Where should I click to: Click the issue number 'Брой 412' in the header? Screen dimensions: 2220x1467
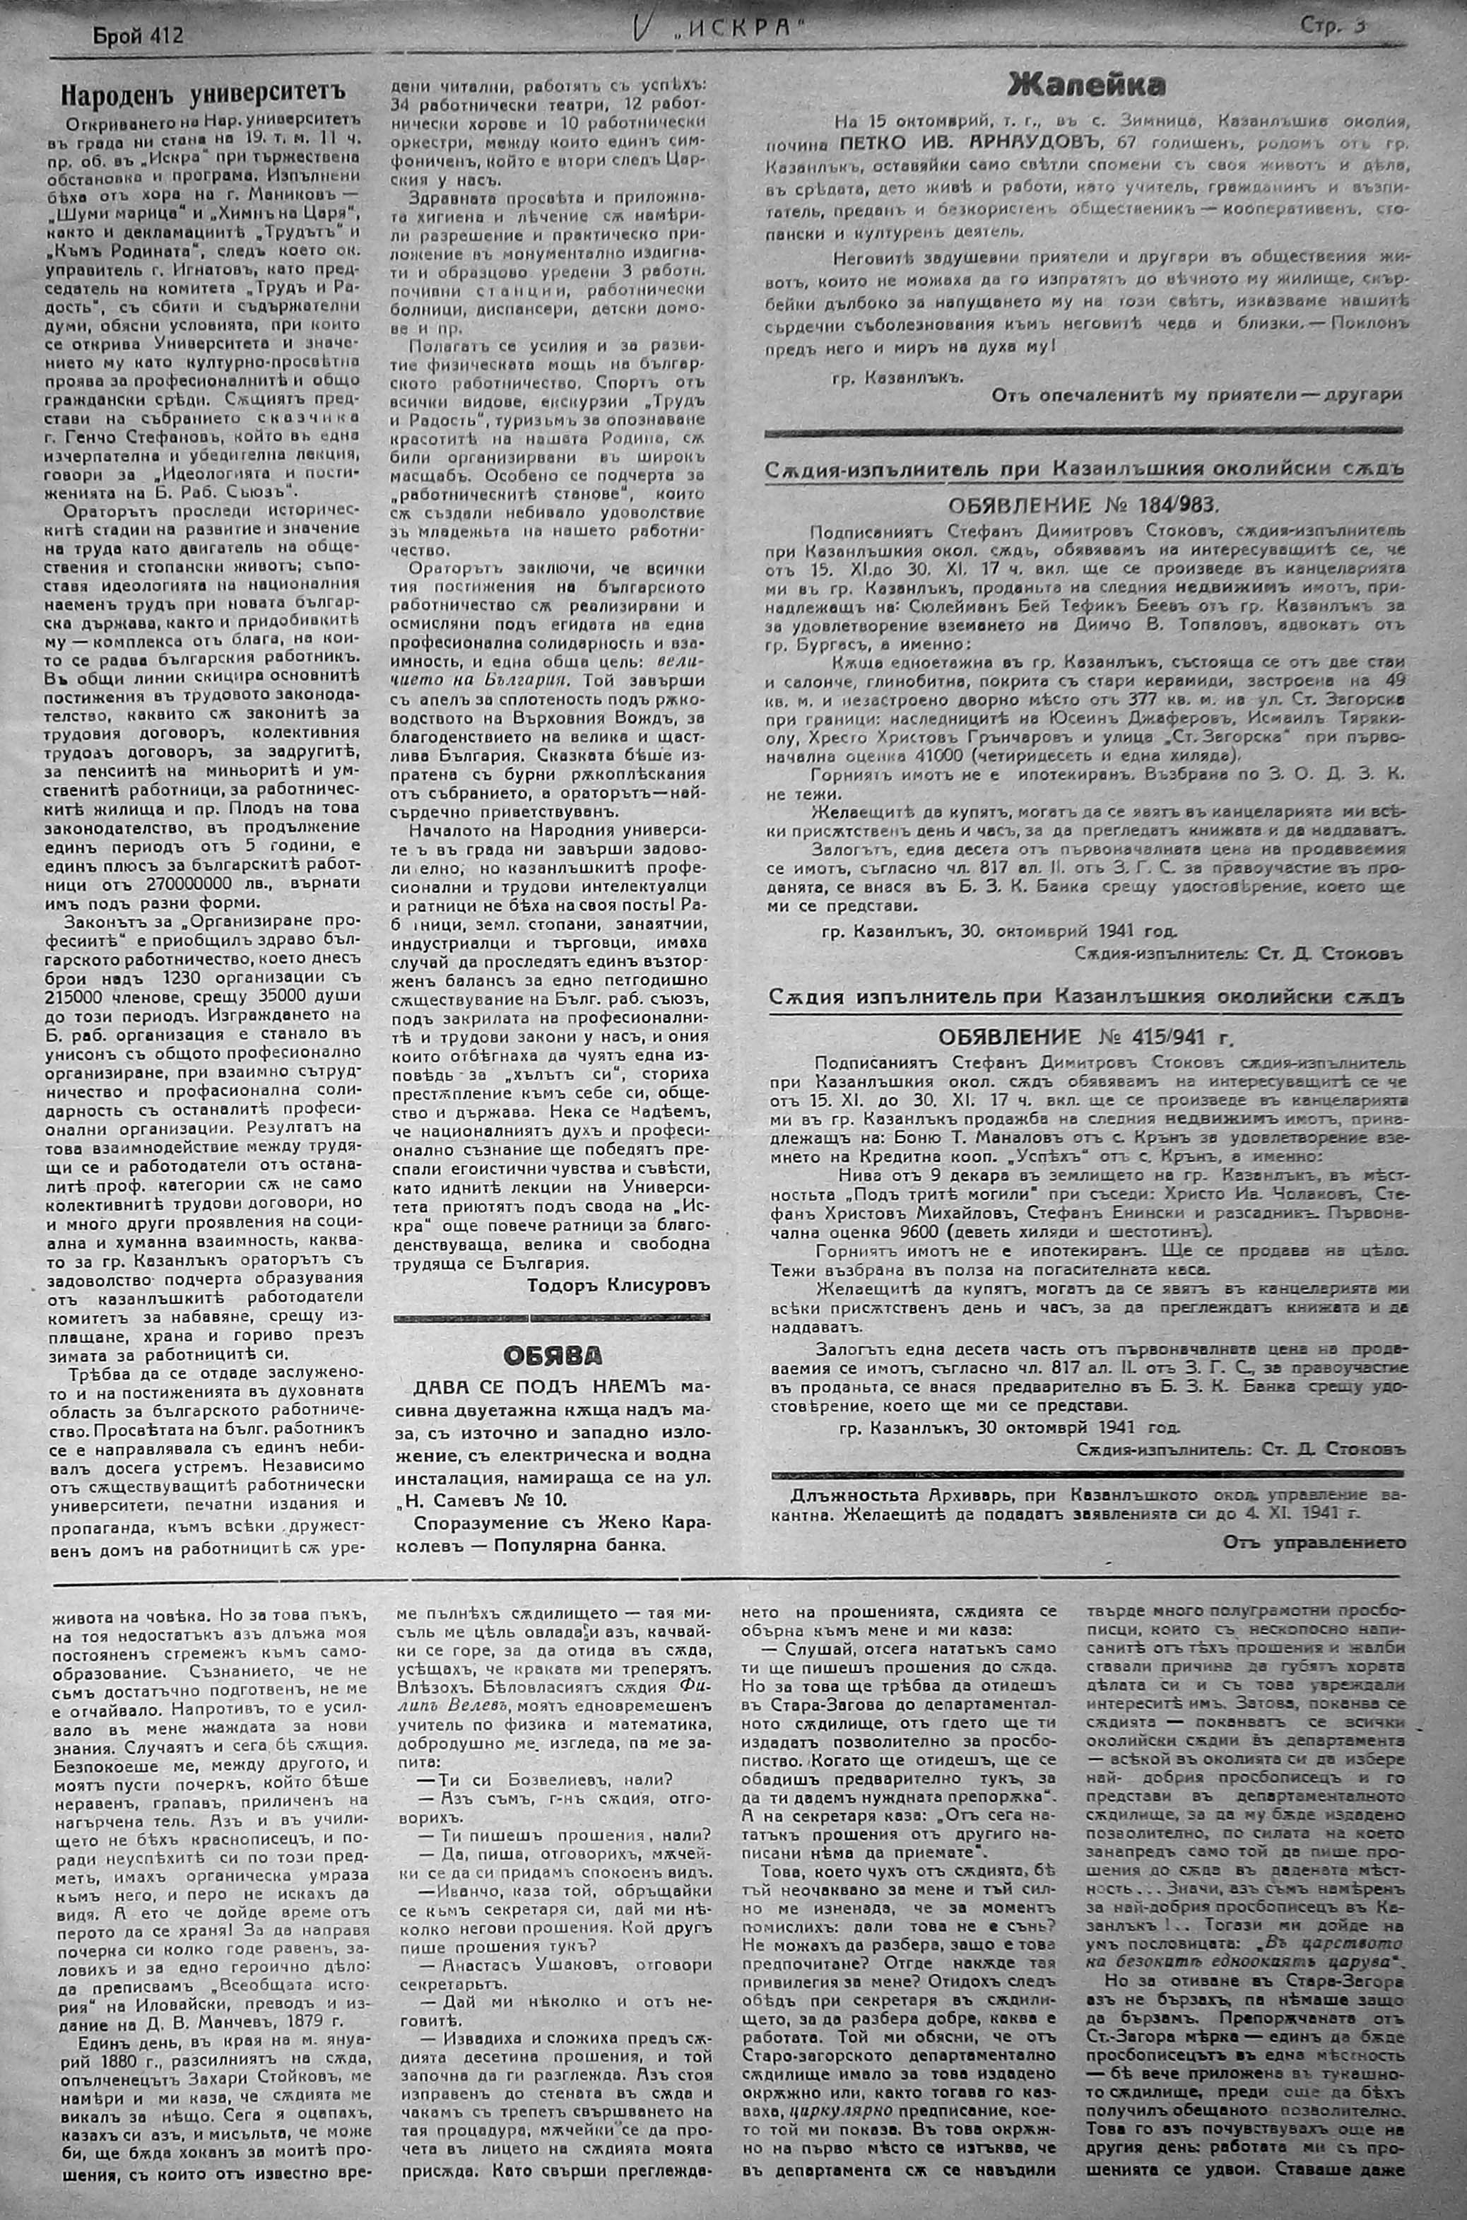[138, 35]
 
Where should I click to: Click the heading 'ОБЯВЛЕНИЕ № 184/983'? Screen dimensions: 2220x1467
[1083, 506]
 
